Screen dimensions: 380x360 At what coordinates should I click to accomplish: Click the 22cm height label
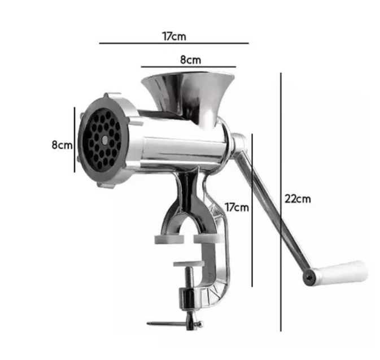coord(298,199)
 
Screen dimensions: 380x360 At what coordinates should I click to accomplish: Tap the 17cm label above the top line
coord(174,36)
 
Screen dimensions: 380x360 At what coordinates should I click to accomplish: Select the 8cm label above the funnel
coord(190,60)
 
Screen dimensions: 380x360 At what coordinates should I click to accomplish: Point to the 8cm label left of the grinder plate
coord(62,145)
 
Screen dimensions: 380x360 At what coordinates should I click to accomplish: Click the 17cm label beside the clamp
coord(237,207)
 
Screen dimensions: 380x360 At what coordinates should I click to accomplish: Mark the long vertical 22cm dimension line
coord(281,202)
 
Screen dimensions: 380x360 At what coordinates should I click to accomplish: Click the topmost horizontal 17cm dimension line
coord(174,43)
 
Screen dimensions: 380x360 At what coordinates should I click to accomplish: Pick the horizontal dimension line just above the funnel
coord(188,67)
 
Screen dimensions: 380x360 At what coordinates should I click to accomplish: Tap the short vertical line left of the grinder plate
coord(75,140)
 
